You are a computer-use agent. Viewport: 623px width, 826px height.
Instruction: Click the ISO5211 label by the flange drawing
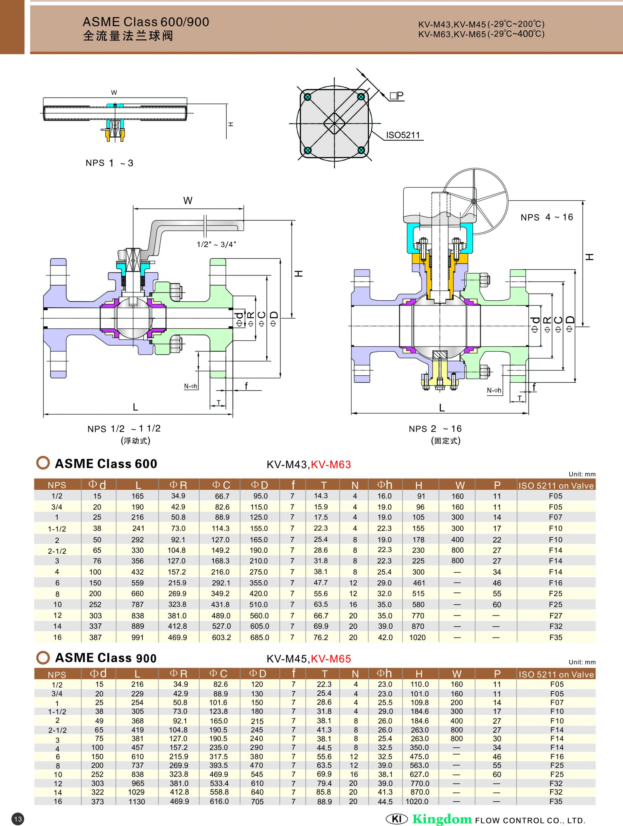[403, 135]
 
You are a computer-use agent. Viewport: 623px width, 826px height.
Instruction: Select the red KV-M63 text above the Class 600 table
[331, 465]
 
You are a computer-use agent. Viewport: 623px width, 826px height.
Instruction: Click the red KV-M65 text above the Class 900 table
[331, 659]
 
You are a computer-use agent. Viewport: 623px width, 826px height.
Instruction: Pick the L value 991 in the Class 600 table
[137, 638]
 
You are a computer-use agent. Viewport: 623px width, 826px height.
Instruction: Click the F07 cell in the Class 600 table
[556, 517]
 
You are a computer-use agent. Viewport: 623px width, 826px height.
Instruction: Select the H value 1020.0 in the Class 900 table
[417, 801]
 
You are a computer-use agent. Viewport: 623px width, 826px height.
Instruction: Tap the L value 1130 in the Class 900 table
[137, 801]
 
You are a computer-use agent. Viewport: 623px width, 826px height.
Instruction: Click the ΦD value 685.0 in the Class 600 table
[260, 638]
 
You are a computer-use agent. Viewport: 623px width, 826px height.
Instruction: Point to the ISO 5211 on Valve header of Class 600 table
[556, 485]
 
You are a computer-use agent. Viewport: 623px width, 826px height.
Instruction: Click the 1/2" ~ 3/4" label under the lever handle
[216, 245]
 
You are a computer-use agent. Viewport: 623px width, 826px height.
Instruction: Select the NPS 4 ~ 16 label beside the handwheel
[546, 217]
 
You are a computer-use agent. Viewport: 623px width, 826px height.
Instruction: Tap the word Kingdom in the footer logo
[442, 819]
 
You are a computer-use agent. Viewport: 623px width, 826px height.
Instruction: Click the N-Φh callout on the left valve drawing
[191, 386]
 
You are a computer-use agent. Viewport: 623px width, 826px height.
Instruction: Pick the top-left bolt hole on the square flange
[307, 97]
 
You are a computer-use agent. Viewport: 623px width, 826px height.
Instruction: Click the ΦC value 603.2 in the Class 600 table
[221, 638]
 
